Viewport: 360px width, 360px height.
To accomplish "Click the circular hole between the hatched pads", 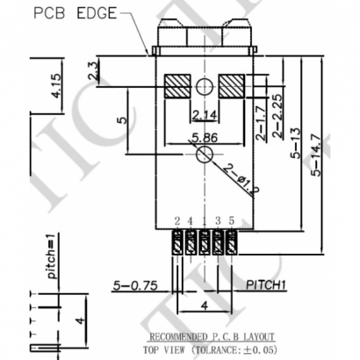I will coord(205,87).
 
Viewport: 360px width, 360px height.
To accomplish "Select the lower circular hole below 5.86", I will coord(204,154).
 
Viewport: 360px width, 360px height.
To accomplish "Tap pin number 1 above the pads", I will coord(205,220).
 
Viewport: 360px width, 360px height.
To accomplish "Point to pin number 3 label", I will coord(217,220).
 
